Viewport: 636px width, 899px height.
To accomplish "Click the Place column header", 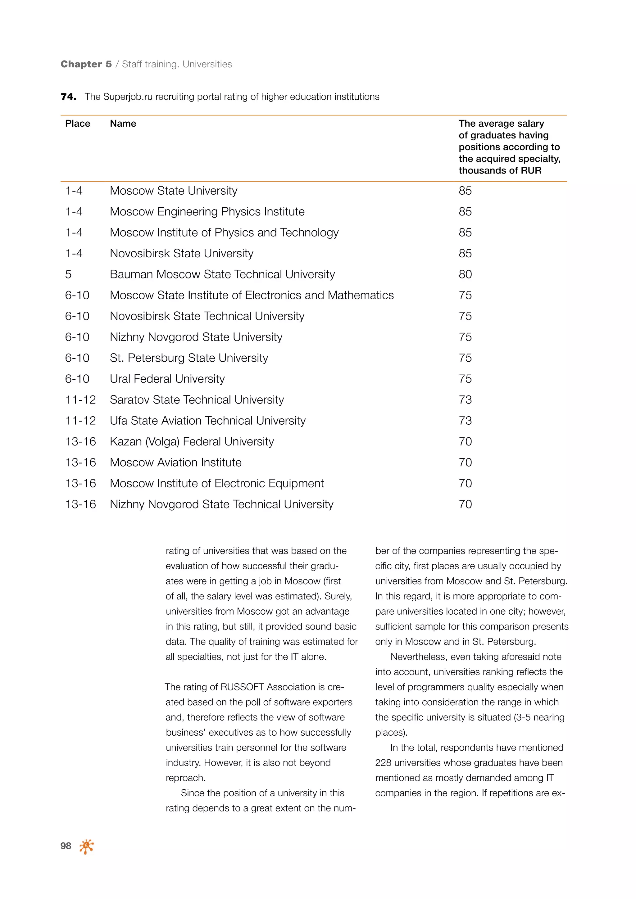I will (78, 124).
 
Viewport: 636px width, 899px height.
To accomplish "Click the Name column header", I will (123, 124).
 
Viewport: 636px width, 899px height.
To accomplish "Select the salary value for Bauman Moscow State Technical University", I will (465, 274).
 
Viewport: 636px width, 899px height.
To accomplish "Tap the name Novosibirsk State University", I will (181, 254).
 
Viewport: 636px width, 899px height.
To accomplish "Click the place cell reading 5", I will (69, 274).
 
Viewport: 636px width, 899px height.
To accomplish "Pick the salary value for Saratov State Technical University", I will (465, 400).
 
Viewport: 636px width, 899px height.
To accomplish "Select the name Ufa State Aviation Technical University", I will (207, 421).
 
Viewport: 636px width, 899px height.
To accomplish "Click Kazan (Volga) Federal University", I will (192, 442).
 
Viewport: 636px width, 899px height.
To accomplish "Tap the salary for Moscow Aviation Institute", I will (465, 463).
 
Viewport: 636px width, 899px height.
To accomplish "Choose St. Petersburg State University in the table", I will (189, 358).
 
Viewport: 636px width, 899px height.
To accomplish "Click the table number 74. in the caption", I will (69, 97).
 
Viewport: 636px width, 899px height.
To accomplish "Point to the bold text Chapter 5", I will (86, 64).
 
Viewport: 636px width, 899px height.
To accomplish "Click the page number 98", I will (66, 846).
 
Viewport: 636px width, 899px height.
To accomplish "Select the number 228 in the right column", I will (384, 763).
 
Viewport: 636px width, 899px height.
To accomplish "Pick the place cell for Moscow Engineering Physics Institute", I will (74, 212).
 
